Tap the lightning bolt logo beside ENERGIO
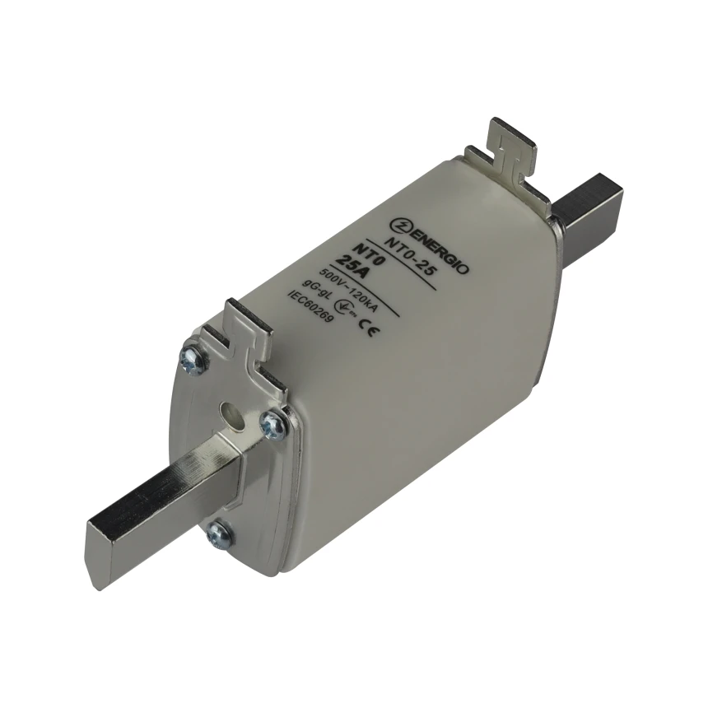click(398, 225)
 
